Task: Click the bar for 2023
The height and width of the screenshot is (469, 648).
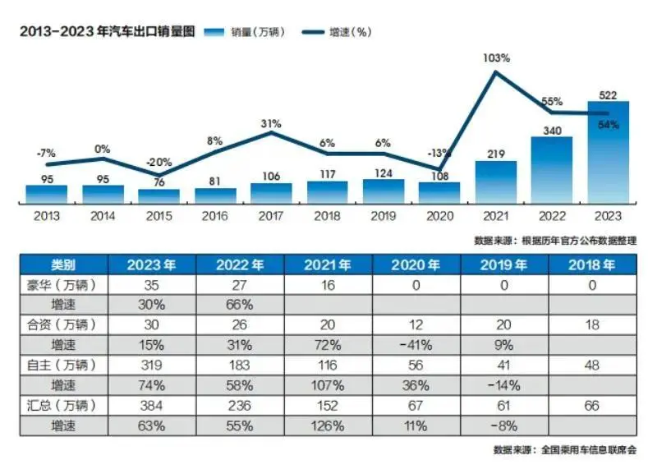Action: (x=609, y=153)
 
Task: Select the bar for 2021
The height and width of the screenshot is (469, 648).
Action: (x=496, y=182)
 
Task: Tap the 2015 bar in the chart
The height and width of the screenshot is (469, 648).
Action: (x=159, y=195)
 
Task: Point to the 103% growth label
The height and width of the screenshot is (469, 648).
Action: (x=497, y=58)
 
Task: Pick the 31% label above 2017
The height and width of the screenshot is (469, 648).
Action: (x=272, y=123)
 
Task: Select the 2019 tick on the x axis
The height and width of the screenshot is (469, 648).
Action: (x=384, y=215)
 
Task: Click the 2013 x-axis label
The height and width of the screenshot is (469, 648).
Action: (x=46, y=215)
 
